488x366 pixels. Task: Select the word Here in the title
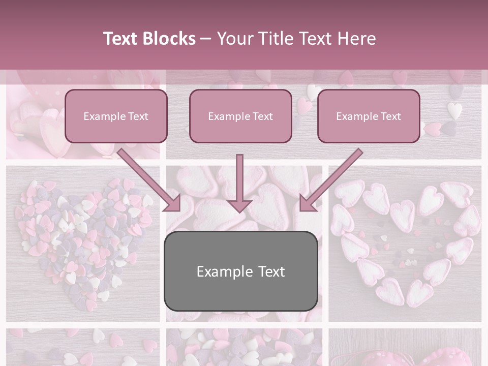click(355, 39)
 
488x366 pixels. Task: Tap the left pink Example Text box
click(116, 116)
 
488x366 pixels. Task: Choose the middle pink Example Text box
click(240, 116)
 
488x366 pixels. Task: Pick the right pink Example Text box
click(369, 116)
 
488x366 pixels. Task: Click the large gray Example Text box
click(240, 271)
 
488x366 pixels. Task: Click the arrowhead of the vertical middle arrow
click(239, 205)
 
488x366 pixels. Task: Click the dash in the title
click(206, 39)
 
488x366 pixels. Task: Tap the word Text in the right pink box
click(390, 116)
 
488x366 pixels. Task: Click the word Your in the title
click(234, 39)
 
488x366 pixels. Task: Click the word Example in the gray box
click(224, 271)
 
